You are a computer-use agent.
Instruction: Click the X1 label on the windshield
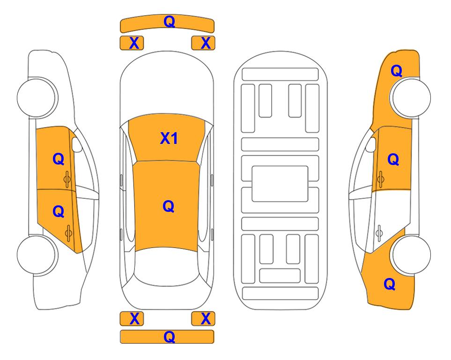169,138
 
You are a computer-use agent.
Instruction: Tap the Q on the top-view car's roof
169,206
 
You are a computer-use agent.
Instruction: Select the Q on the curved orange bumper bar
169,21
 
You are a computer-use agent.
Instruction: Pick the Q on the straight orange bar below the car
169,337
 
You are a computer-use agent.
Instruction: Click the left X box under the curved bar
132,43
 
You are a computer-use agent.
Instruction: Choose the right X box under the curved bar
203,43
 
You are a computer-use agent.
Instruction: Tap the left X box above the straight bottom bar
132,319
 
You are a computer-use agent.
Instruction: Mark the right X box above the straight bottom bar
203,319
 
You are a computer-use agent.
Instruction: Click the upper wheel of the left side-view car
37,97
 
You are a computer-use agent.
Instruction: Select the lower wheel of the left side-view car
37,255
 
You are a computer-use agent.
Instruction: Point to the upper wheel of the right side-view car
410,97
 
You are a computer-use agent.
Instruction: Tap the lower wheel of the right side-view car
410,255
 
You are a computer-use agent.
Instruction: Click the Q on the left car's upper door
59,159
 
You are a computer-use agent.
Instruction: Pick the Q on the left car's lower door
59,212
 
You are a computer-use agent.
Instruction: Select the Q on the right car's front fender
396,71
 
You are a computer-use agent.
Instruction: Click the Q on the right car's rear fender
390,284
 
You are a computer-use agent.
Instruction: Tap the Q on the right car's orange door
393,159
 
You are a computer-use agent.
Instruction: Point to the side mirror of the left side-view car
77,144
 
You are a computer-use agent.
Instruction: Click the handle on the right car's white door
379,233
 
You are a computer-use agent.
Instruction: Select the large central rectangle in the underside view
280,184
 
